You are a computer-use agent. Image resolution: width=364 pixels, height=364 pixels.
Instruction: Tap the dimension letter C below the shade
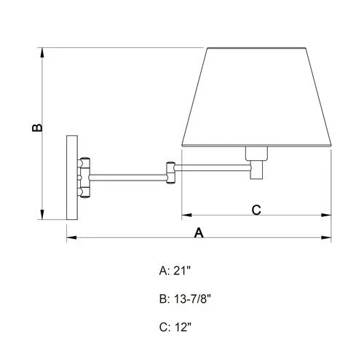(x=256, y=210)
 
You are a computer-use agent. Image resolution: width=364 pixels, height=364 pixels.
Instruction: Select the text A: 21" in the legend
(x=175, y=270)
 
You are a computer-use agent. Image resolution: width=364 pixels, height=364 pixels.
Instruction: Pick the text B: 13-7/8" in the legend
(x=185, y=298)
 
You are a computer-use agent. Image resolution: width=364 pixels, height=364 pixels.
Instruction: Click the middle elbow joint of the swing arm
(x=170, y=172)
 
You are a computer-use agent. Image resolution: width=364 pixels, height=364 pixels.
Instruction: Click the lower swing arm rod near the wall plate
(x=128, y=175)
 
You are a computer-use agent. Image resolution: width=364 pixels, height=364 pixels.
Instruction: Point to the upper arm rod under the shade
(x=211, y=168)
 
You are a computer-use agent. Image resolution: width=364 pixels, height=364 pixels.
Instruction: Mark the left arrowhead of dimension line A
(x=69, y=238)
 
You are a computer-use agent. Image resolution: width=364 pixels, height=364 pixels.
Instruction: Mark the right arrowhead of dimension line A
(x=328, y=238)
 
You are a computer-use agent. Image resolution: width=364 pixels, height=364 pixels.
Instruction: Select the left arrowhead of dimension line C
(x=184, y=215)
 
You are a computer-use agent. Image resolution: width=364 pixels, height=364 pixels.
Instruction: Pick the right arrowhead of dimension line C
(x=328, y=215)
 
